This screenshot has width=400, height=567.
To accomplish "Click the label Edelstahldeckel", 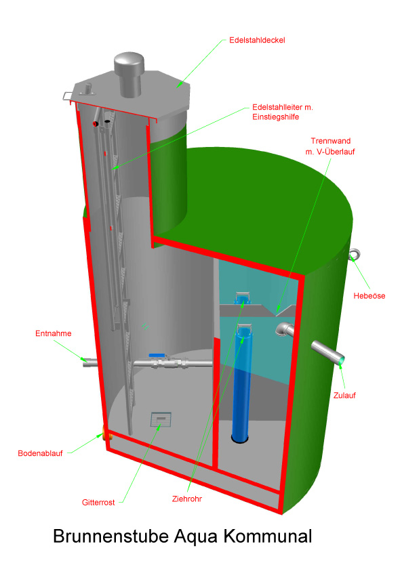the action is point(257,40).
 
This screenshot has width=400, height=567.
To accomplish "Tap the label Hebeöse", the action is point(369,296).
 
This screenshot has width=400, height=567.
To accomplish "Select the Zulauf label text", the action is point(344,395).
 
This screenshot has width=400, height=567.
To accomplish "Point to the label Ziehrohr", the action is point(187,499).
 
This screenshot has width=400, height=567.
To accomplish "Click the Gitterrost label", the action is point(98,502).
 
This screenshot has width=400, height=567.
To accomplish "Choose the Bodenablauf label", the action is point(40,453).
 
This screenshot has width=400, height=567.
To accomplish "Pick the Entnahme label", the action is point(53,333).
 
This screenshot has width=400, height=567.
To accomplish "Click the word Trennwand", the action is point(331,141).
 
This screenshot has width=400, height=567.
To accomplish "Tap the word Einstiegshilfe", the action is point(276,117).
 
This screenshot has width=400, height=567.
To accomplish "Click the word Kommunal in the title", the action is point(268,536).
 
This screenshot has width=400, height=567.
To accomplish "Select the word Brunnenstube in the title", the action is point(111,536).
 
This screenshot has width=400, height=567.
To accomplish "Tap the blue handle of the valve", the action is point(157,356).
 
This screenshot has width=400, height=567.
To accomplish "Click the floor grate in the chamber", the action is point(161,419).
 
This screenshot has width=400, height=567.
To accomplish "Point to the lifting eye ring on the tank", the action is point(355,255).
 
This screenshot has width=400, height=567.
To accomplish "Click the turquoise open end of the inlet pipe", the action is point(341,360).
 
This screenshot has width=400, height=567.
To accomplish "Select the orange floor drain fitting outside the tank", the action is point(106,432).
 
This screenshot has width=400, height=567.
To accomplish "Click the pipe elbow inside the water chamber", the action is point(284,329).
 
